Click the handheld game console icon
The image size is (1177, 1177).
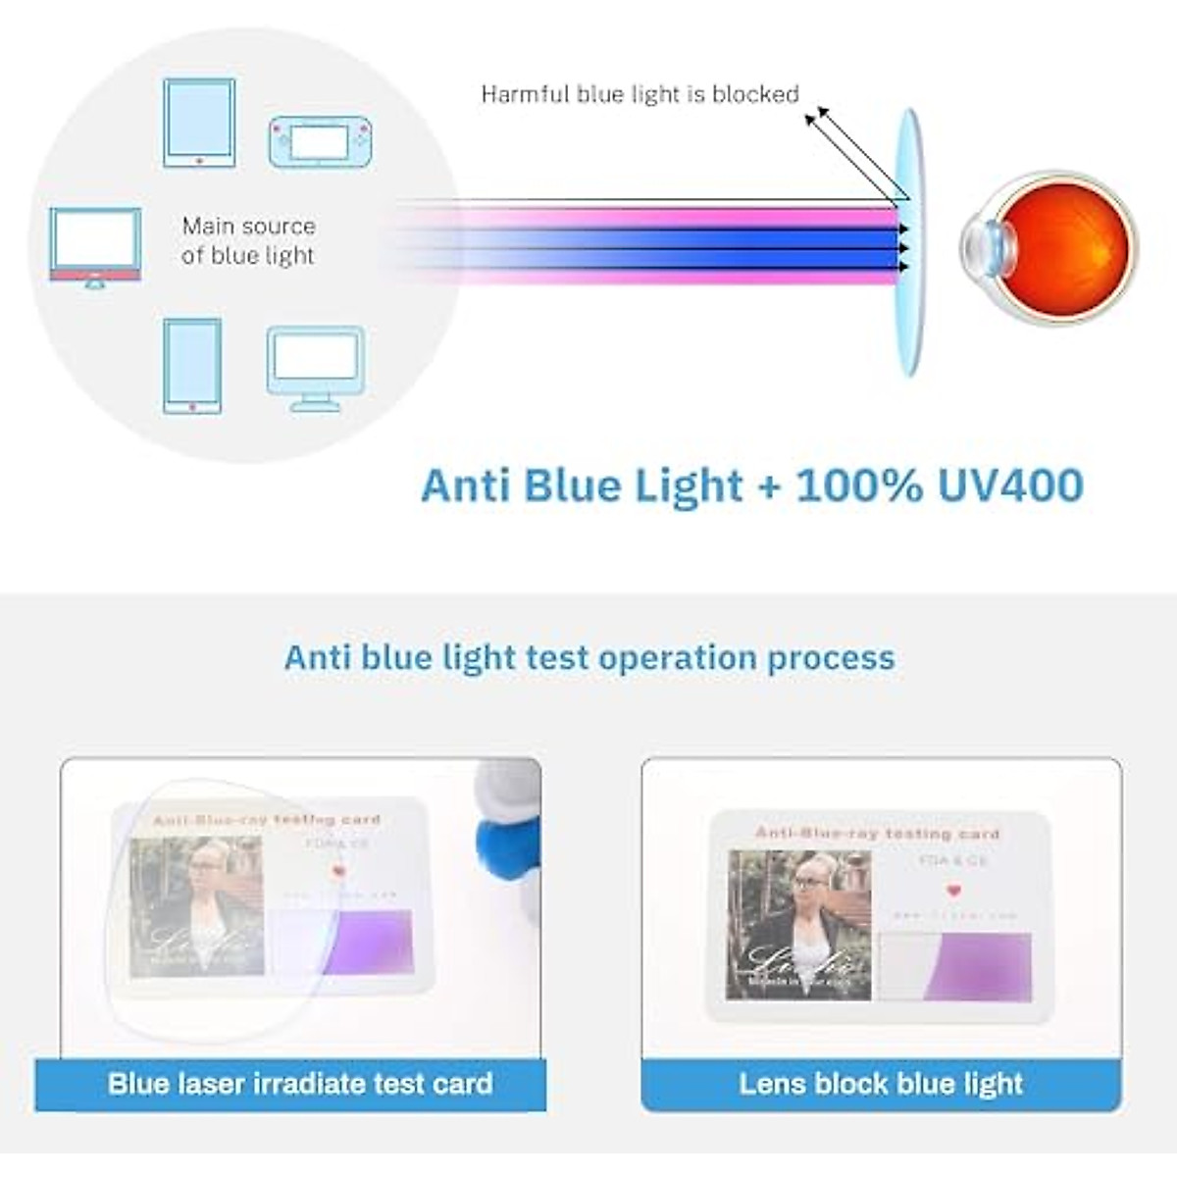(321, 142)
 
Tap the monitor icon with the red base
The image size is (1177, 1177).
(95, 246)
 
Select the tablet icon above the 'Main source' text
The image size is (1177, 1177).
(199, 123)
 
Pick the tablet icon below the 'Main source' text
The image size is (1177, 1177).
(192, 365)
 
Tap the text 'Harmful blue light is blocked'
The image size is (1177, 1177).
(640, 94)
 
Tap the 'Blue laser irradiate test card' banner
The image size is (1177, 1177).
(299, 1084)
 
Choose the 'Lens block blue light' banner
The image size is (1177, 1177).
(881, 1084)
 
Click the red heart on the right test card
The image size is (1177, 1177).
(952, 892)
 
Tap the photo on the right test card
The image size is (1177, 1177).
(799, 925)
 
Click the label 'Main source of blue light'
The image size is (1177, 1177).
(248, 240)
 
